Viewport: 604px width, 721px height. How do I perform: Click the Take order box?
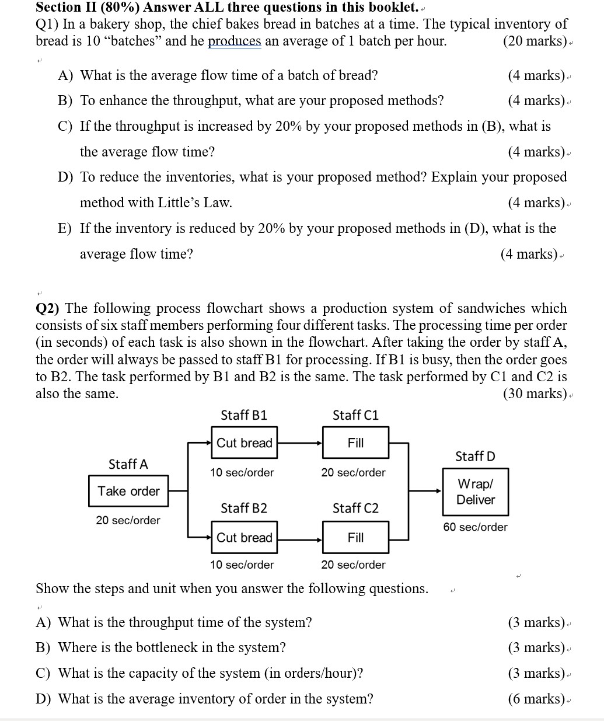coord(128,491)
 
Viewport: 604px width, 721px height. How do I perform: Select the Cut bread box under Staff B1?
coord(244,443)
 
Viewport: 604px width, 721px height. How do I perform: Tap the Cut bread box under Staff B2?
coord(244,538)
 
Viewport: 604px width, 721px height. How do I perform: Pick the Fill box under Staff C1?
coord(355,443)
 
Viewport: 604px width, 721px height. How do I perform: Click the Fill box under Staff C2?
coord(355,538)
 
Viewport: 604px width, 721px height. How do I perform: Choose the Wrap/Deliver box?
coord(475,492)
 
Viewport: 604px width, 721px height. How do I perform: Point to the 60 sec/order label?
coord(475,527)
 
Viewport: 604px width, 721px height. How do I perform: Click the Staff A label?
coord(128,464)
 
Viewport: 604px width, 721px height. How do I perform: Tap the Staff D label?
coord(475,456)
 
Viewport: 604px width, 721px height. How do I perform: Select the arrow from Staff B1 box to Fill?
coord(299,443)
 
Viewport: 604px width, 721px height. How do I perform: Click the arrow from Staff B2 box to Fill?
coord(299,538)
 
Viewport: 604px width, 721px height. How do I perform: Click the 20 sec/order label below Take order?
coord(128,520)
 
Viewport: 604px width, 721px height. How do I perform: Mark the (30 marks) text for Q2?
coord(535,393)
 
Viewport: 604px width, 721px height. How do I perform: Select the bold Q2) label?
coord(50,308)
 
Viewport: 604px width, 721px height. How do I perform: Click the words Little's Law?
coord(195,203)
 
